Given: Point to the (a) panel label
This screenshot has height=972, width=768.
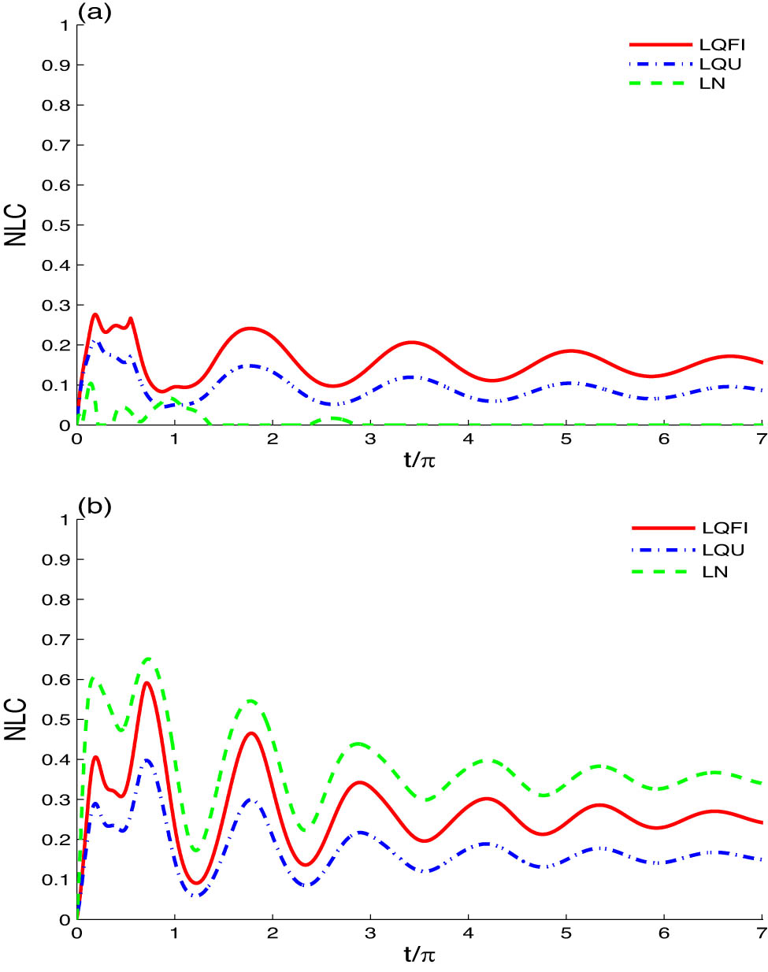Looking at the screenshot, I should pos(94,12).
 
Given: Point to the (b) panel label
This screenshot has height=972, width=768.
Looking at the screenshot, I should pos(94,506).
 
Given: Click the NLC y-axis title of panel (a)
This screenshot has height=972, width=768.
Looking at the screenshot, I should pos(16,225).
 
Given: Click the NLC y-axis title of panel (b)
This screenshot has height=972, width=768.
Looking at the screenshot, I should pos(16,719).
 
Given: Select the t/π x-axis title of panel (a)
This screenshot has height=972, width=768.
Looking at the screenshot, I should pos(419,460).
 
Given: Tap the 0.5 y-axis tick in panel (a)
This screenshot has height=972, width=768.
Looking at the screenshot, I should pos(56,225).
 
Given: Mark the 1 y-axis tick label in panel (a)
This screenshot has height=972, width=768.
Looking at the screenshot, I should pos(65,25).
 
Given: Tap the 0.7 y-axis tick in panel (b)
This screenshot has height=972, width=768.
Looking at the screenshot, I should pos(56,640).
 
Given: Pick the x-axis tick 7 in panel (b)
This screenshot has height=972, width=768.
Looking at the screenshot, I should pos(761,933).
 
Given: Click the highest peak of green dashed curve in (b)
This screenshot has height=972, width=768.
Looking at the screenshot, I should pos(147,659).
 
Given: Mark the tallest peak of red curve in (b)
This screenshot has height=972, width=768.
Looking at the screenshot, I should pos(147,683).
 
